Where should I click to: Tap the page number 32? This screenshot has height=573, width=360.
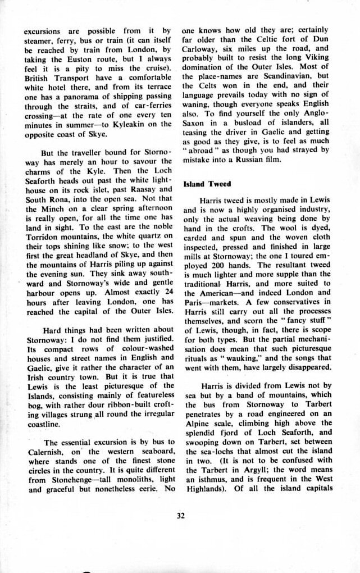point(180,517)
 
